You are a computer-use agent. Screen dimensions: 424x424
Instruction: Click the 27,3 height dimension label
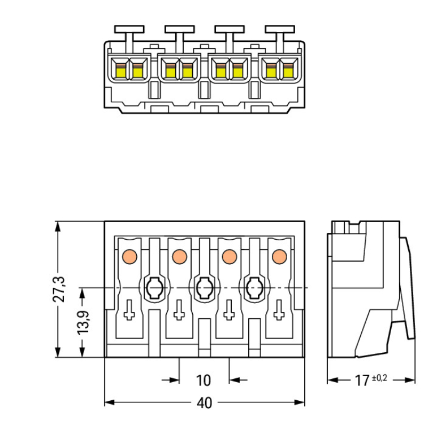(59, 289)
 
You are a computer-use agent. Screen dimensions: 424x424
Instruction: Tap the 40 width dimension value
(204, 403)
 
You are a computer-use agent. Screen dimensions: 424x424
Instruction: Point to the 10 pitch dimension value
(204, 380)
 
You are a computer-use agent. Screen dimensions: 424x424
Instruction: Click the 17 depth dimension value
(362, 380)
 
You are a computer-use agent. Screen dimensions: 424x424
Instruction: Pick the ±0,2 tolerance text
(379, 377)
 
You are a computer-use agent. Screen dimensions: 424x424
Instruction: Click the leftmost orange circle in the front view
(129, 257)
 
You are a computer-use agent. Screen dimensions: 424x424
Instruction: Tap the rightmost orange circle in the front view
(279, 257)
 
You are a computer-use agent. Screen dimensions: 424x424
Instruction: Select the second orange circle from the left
(179, 257)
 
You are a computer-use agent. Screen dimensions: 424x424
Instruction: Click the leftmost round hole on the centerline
(154, 289)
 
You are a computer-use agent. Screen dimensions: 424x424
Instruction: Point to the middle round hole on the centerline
(204, 289)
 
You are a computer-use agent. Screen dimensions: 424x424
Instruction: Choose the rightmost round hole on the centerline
(253, 289)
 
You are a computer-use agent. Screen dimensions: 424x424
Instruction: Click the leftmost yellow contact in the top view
(120, 71)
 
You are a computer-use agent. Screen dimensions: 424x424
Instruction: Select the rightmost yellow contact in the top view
(288, 71)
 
